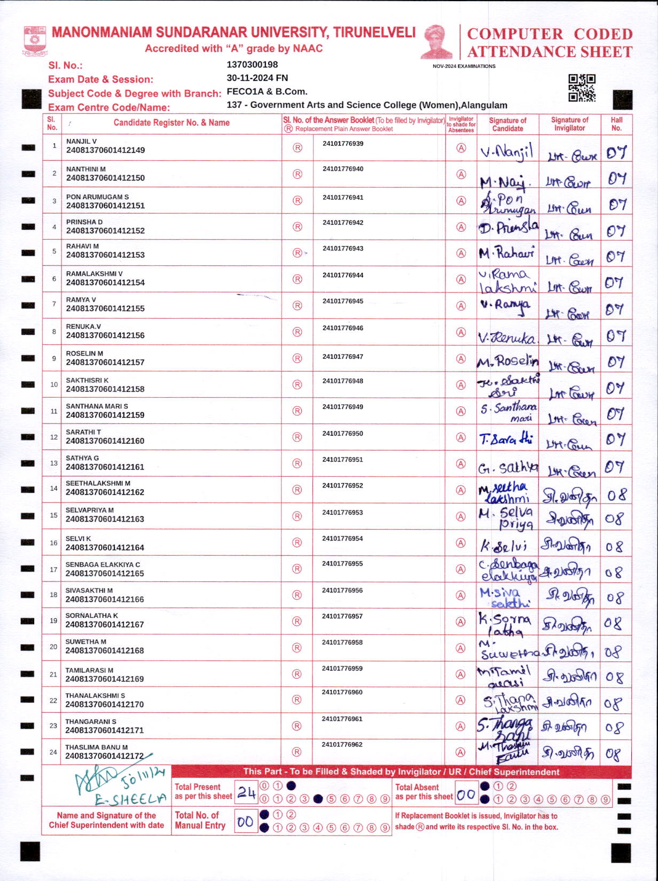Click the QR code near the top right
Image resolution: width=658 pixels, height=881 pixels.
[x=582, y=88]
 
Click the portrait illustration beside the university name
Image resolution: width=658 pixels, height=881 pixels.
[x=437, y=41]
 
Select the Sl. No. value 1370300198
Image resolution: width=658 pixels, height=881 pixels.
[x=252, y=65]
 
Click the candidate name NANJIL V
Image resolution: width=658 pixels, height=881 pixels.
[x=81, y=141]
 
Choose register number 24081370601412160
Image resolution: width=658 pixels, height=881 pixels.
[x=105, y=441]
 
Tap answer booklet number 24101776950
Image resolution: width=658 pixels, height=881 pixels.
[x=342, y=434]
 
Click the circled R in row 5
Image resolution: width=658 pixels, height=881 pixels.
[x=297, y=253]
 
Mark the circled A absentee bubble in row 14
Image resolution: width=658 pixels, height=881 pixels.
[x=461, y=490]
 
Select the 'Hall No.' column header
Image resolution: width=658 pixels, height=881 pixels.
[x=616, y=124]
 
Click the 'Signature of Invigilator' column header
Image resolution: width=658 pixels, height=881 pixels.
[x=569, y=124]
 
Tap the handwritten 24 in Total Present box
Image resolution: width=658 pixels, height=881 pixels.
[x=246, y=792]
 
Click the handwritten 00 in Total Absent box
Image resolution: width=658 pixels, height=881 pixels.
[x=466, y=795]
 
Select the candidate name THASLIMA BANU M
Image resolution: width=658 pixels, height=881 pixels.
[x=96, y=747]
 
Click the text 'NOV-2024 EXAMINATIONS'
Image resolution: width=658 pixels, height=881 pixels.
[x=464, y=66]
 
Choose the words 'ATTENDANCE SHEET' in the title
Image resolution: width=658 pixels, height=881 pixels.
[x=550, y=52]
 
